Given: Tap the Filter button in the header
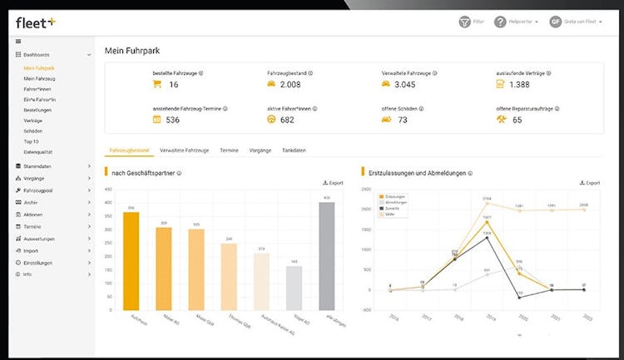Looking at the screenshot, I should click(471, 22).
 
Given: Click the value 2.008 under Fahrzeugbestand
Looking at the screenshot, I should click(294, 85).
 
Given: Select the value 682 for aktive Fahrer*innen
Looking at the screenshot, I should click(288, 120).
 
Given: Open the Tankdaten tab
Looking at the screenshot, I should click(295, 150).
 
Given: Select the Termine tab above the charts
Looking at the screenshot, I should click(230, 150).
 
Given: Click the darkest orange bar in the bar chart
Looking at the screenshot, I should click(131, 259).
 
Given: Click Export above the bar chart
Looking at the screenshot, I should click(333, 183).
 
